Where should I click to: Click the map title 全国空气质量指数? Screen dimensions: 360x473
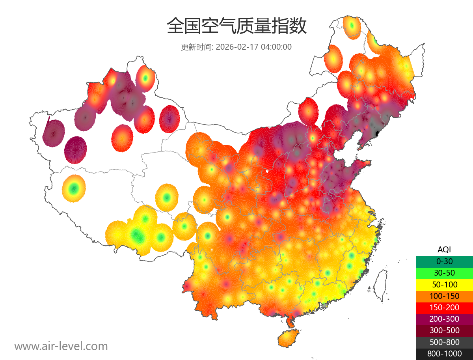point(236,26)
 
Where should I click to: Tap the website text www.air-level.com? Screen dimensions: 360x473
point(61,346)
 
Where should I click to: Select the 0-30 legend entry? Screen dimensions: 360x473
point(444,261)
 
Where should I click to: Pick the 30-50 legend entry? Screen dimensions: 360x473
point(444,273)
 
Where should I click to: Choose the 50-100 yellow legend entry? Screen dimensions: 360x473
point(444,284)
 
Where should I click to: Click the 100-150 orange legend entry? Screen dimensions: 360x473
point(444,296)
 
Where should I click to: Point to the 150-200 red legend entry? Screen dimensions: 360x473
point(444,308)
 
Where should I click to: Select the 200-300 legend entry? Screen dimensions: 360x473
point(444,319)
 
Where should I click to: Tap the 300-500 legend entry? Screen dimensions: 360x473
point(444,330)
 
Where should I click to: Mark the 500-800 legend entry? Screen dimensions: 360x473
point(444,342)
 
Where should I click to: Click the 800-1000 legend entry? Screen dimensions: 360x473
point(444,354)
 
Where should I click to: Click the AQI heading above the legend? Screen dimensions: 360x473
point(444,250)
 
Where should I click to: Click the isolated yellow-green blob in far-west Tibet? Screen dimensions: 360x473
point(73,188)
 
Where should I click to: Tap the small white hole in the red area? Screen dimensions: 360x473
point(268,171)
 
